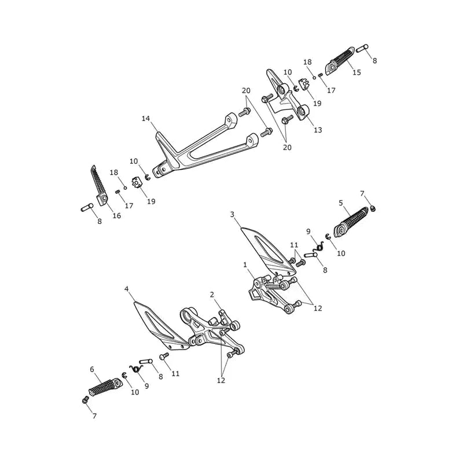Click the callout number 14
pos(146,119)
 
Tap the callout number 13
pos(318,130)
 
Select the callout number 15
pos(357,72)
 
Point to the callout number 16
pos(117,215)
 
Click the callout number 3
pos(233,214)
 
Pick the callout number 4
pos(127,289)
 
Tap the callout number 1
pos(245,265)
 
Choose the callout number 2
pos(212,295)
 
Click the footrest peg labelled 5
pos(351,222)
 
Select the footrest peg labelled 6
pos(106,387)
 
